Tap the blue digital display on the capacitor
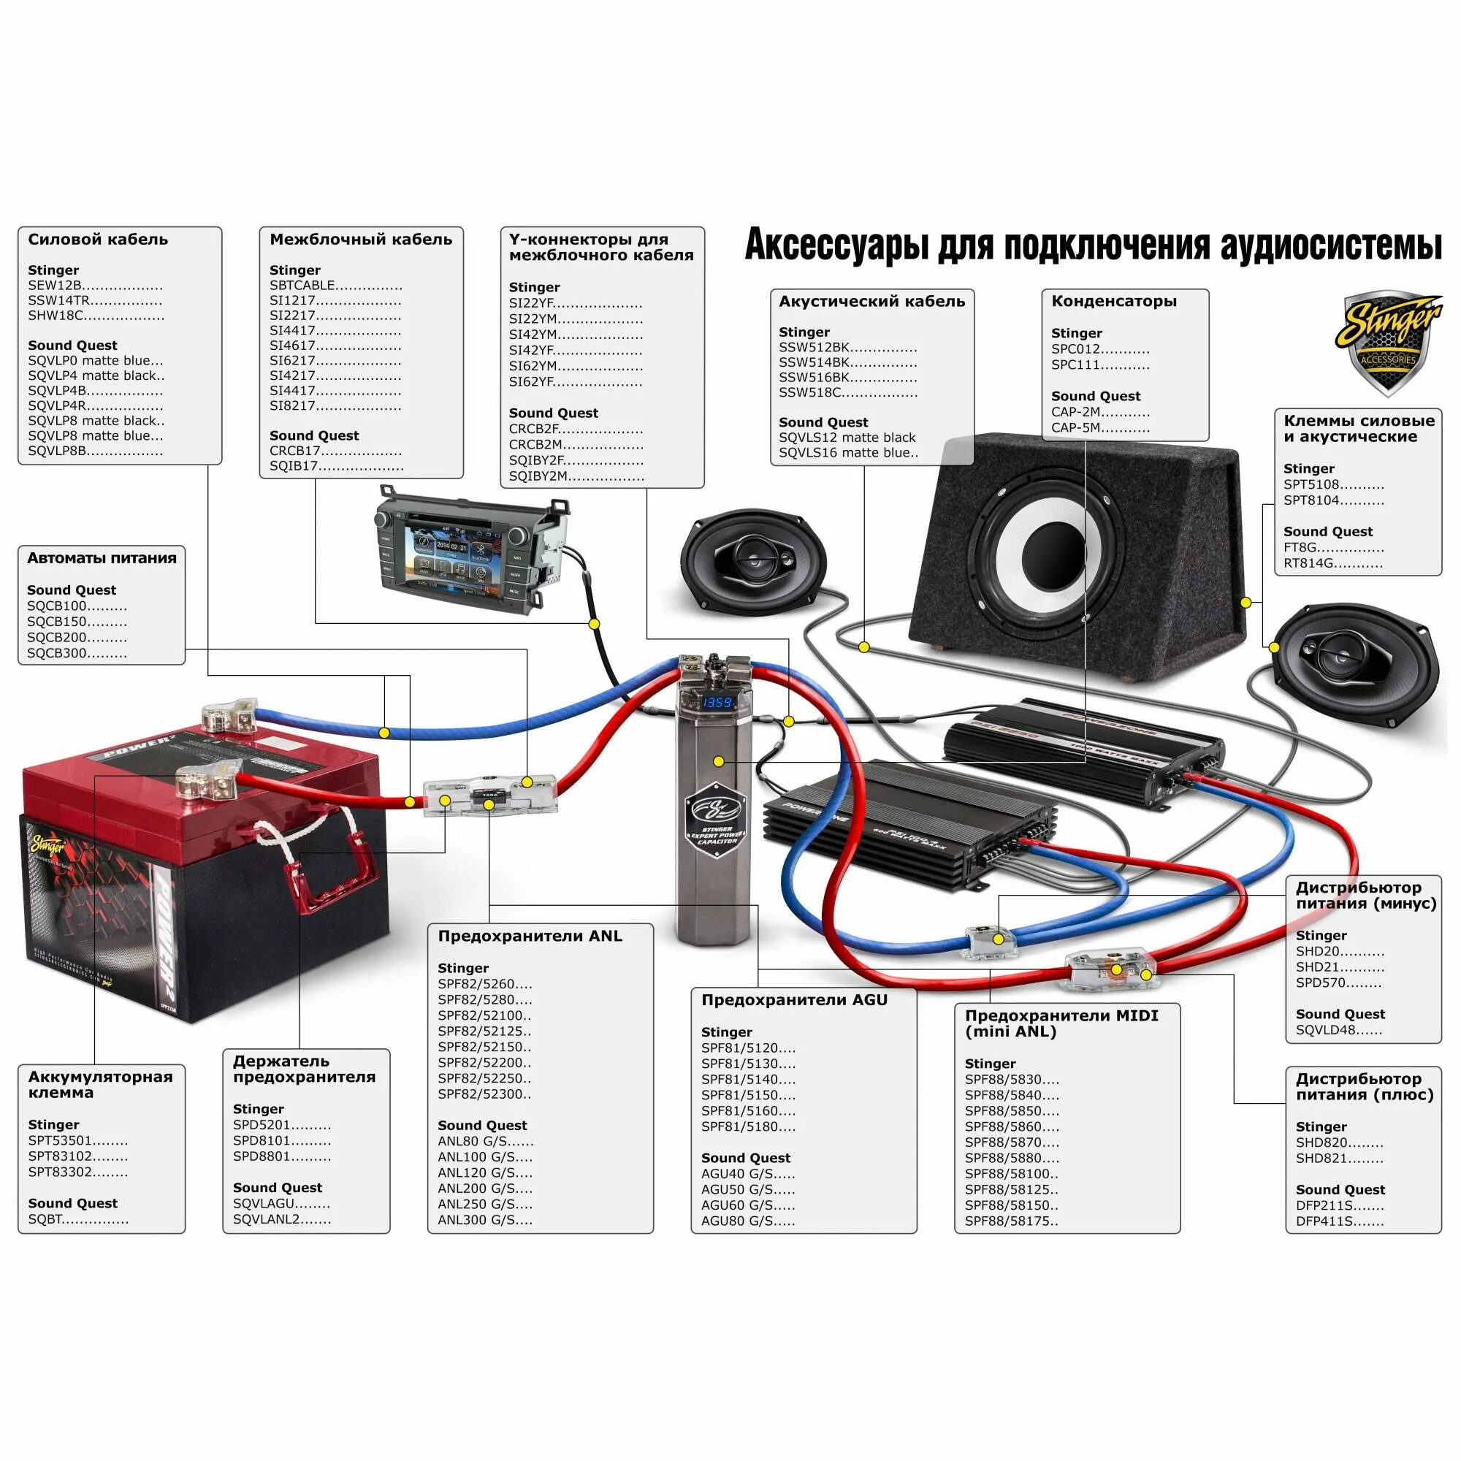[x=717, y=703]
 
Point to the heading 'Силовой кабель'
[x=98, y=240]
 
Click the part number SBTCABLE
[x=302, y=285]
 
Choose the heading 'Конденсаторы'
[x=1113, y=301]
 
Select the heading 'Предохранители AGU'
[x=794, y=1000]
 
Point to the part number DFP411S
[x=1324, y=1221]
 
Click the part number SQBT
[x=45, y=1219]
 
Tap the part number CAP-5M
[x=1075, y=428]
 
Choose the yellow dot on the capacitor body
[x=718, y=761]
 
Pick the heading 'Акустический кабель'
[x=871, y=302]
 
